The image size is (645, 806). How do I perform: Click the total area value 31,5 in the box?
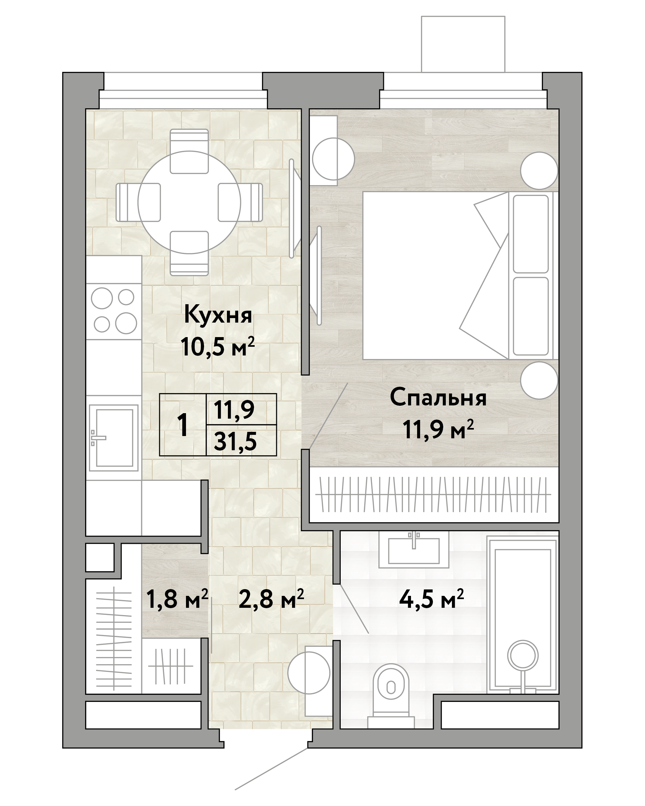coord(235,442)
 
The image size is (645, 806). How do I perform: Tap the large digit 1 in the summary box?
coord(182,425)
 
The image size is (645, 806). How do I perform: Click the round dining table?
coord(189,202)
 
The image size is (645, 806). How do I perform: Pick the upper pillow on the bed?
coord(531,233)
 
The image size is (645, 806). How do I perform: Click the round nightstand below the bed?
coord(539,380)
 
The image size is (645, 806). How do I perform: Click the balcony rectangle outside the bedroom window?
coord(463,44)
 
